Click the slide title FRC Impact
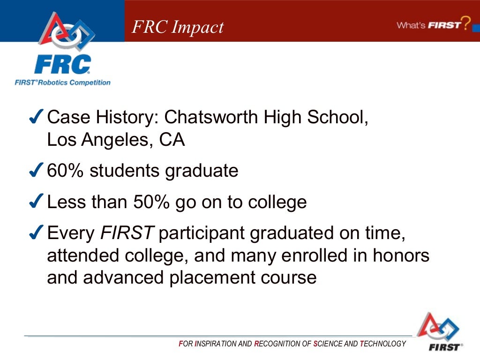pos(178,27)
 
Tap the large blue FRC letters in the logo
pos(62,64)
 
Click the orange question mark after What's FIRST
pos(465,23)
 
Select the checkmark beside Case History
pos(37,117)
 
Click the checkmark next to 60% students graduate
pos(37,171)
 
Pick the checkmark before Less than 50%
pos(37,202)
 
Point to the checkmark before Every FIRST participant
pos(37,233)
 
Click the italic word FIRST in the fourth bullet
pos(127,233)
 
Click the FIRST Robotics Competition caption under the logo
pos(62,83)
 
